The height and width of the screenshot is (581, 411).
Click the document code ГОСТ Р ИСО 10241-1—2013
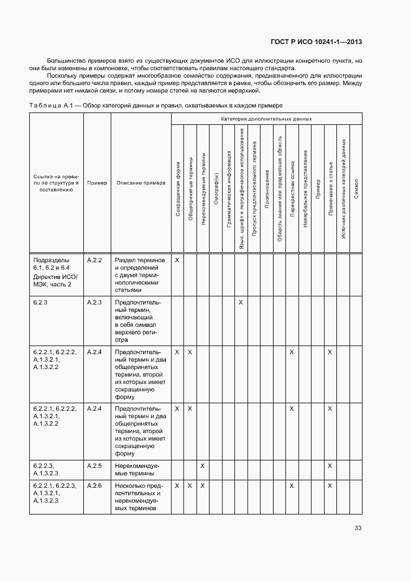316,42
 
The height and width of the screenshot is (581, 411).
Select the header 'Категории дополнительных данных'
266,118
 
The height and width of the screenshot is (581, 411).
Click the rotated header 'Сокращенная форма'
177,189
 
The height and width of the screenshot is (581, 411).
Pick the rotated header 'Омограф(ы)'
215,189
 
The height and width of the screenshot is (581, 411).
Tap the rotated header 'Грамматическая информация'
228,189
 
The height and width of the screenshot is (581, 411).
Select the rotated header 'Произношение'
266,189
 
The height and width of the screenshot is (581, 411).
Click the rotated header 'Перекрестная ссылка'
292,189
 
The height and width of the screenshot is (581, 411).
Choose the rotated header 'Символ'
355,189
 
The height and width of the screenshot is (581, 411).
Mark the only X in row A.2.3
241,302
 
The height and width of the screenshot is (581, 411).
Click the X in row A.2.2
177,260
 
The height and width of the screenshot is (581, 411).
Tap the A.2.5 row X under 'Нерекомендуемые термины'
203,465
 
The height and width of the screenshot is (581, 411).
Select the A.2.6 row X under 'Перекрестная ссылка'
292,485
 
